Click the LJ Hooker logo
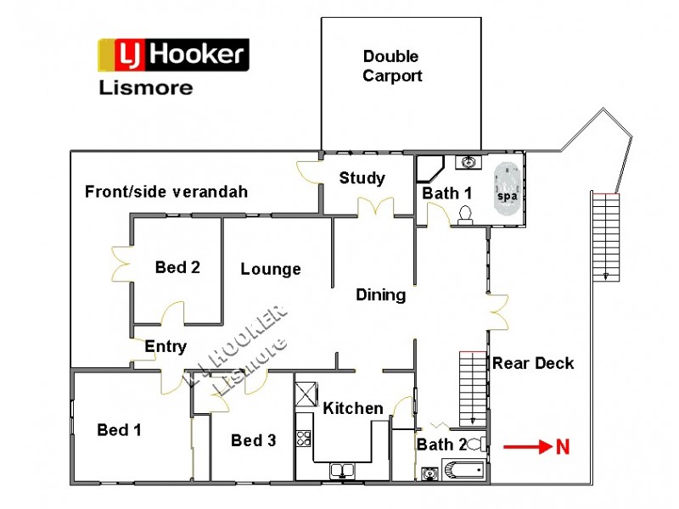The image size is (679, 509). tap(173, 55)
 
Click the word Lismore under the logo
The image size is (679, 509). tap(146, 87)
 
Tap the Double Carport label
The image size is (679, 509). tap(391, 66)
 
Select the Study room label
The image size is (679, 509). tap(362, 178)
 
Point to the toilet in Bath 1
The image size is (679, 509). tap(464, 215)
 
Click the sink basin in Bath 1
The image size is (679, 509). tap(469, 162)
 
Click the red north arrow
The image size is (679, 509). tap(526, 446)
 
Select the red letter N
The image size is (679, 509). tap(562, 447)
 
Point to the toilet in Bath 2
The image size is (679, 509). tap(476, 443)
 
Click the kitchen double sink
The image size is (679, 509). tap(342, 470)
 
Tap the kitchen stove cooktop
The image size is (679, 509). tap(304, 439)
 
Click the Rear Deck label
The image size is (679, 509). tap(533, 363)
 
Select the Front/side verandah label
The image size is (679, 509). tap(166, 192)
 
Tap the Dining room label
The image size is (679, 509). tap(380, 295)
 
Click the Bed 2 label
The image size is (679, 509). tap(177, 267)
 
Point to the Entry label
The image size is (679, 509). tap(165, 346)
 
